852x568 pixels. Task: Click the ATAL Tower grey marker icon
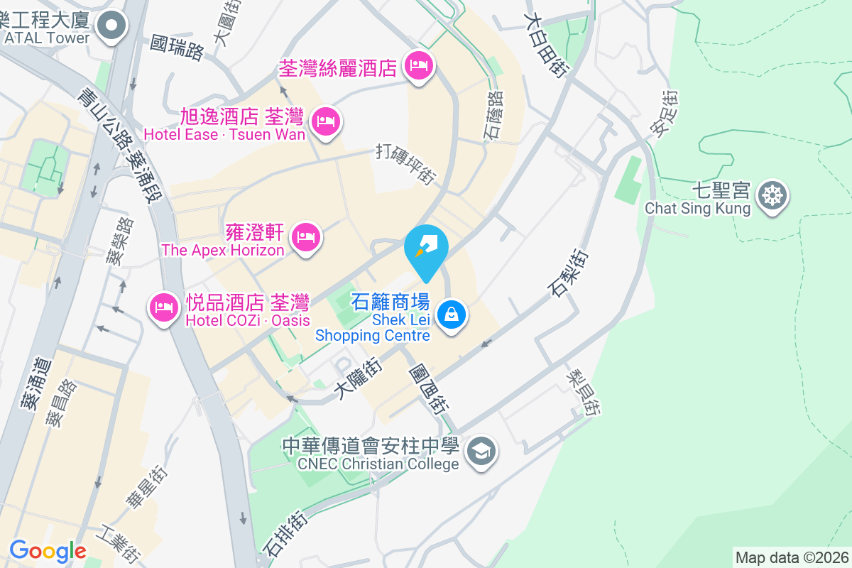111,28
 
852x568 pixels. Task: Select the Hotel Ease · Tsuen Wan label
224,134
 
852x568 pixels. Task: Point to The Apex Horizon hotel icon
306,236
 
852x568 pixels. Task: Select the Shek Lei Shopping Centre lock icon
451,313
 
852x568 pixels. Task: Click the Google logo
48,551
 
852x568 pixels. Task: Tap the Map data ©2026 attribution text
791,557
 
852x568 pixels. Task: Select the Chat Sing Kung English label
697,209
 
